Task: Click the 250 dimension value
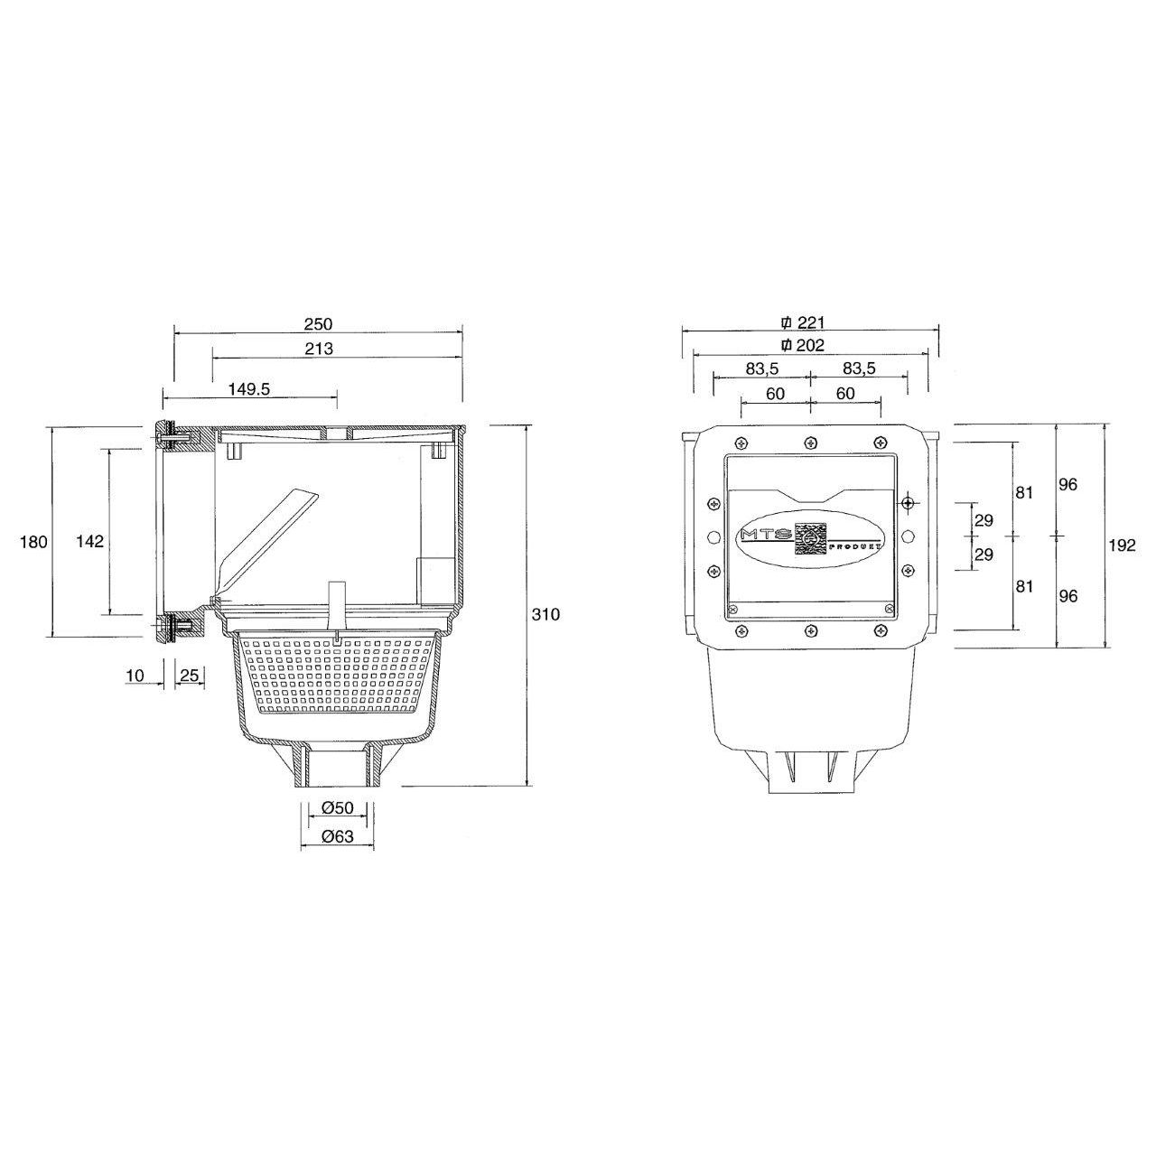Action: point(318,324)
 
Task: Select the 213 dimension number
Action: point(319,350)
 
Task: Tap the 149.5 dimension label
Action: point(249,389)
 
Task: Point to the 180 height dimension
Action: point(33,543)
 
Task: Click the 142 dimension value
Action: point(90,542)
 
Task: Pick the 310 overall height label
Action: point(545,615)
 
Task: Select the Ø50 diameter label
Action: point(338,808)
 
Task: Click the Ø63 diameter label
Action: point(338,836)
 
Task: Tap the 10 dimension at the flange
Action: point(135,676)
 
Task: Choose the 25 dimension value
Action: point(189,676)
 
